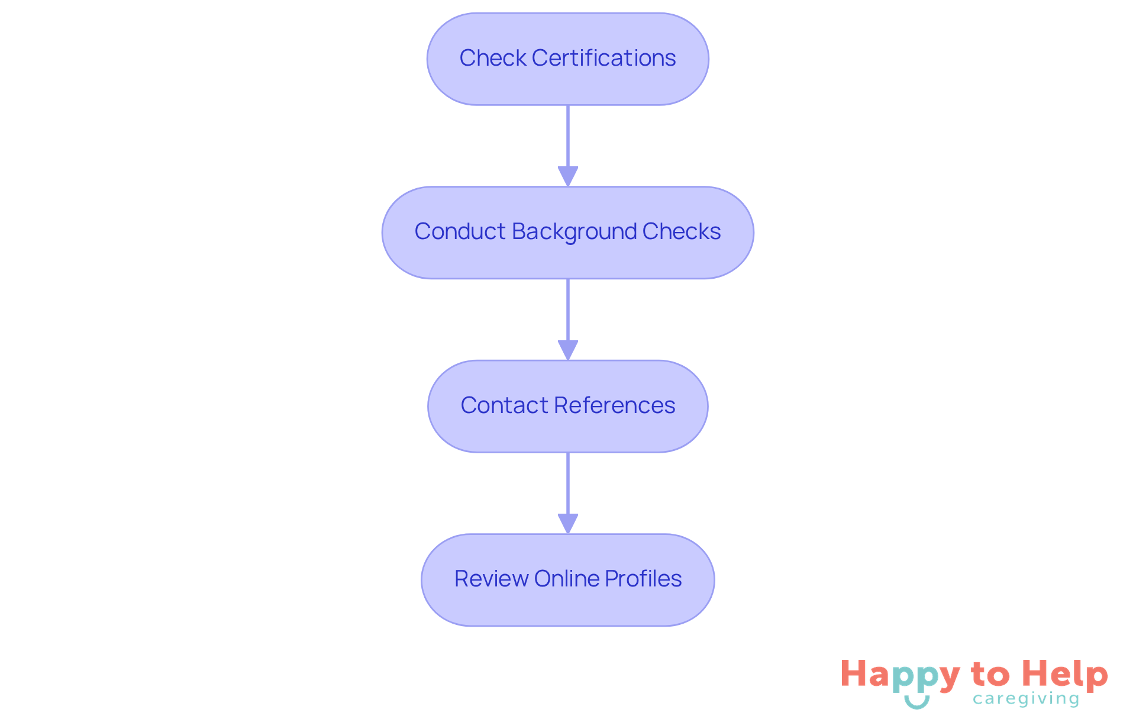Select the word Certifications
coord(603,58)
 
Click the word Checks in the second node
coord(682,231)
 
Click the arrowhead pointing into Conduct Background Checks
coord(568,176)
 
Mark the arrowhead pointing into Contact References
coord(568,350)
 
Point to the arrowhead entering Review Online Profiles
coord(568,524)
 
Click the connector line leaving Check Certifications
coord(568,136)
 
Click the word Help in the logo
coord(1064,675)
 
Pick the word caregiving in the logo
coord(1026,699)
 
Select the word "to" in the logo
coord(990,675)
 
